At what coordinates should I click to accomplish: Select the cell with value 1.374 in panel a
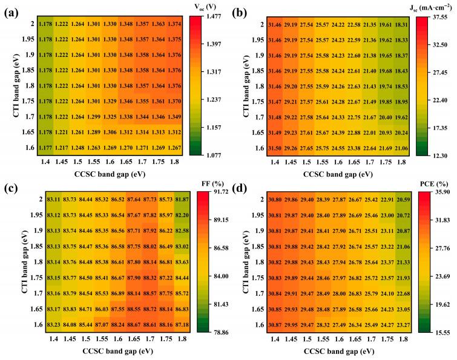coord(174,24)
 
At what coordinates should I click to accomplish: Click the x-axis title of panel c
coord(109,352)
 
